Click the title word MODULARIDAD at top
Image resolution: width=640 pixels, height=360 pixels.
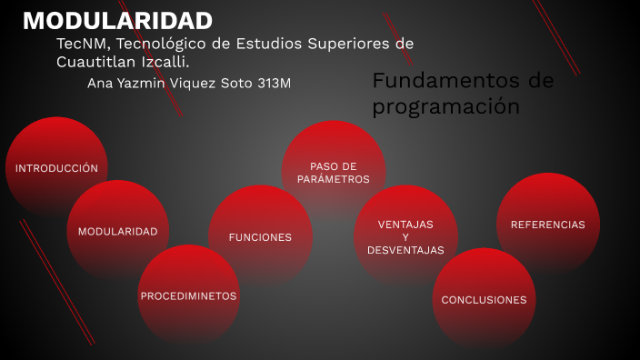tap(117, 21)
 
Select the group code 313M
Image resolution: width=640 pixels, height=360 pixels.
tap(275, 83)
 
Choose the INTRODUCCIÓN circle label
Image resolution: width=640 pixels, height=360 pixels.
tap(56, 168)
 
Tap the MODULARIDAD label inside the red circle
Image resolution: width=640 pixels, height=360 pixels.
tap(117, 231)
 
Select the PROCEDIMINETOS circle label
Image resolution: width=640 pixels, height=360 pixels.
tap(188, 296)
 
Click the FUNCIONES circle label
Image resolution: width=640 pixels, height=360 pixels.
tap(260, 237)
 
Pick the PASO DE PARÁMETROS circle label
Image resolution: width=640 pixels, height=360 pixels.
tap(333, 173)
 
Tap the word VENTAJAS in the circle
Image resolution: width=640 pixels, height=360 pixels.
tap(405, 224)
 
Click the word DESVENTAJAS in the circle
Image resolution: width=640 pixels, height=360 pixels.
tap(405, 250)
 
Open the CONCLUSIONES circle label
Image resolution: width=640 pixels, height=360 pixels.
tap(484, 299)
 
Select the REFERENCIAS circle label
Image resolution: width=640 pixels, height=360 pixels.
tap(548, 224)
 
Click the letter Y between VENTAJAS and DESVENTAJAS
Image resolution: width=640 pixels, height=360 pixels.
tap(405, 236)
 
